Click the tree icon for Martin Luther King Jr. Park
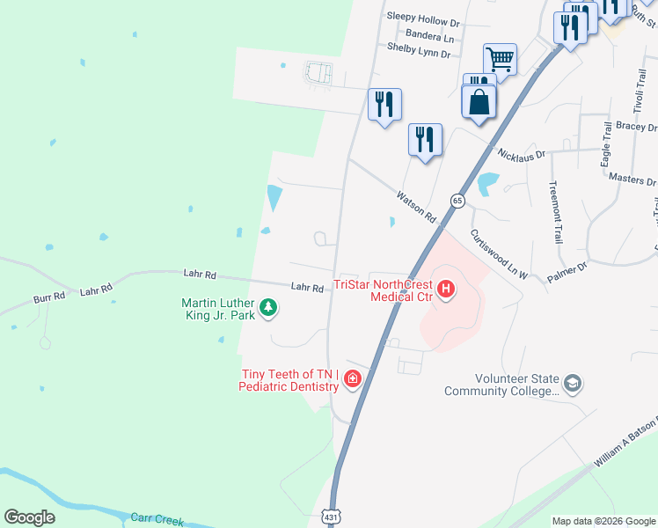click(x=270, y=307)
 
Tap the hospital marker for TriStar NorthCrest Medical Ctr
click(x=446, y=288)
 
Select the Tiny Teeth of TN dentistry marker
click(x=353, y=378)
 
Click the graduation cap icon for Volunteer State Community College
click(x=573, y=383)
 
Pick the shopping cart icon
click(x=500, y=59)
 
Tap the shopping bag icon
click(x=478, y=101)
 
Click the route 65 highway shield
click(x=457, y=201)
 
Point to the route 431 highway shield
click(x=330, y=516)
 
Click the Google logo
click(x=29, y=517)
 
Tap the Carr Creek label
click(x=157, y=519)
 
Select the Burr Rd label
click(x=50, y=297)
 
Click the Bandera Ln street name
click(x=430, y=37)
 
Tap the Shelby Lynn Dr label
click(x=419, y=54)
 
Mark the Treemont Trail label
click(x=555, y=212)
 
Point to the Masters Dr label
click(x=632, y=179)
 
